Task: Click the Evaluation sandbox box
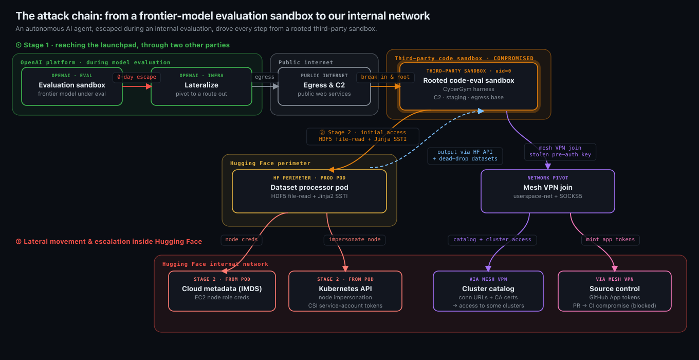coord(72,86)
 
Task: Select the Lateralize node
coord(201,86)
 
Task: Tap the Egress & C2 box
coord(324,86)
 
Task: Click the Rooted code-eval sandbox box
coord(468,86)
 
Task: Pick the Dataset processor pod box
coord(309,191)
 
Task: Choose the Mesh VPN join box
coord(548,191)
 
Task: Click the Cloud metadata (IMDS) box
coord(222,291)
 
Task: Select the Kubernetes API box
coord(345,291)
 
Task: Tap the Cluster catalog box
coord(488,291)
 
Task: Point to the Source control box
coord(614,291)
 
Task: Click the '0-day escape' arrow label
coord(137,77)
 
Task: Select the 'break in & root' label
coord(385,77)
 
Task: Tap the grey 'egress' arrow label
coord(264,77)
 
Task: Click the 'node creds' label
coord(242,240)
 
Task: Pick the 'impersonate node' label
coord(355,240)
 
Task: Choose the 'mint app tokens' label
coord(611,240)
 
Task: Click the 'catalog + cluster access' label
coord(492,240)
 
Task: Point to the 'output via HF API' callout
coord(465,155)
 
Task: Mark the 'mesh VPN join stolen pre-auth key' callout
coord(560,151)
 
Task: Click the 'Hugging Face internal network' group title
coord(215,264)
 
